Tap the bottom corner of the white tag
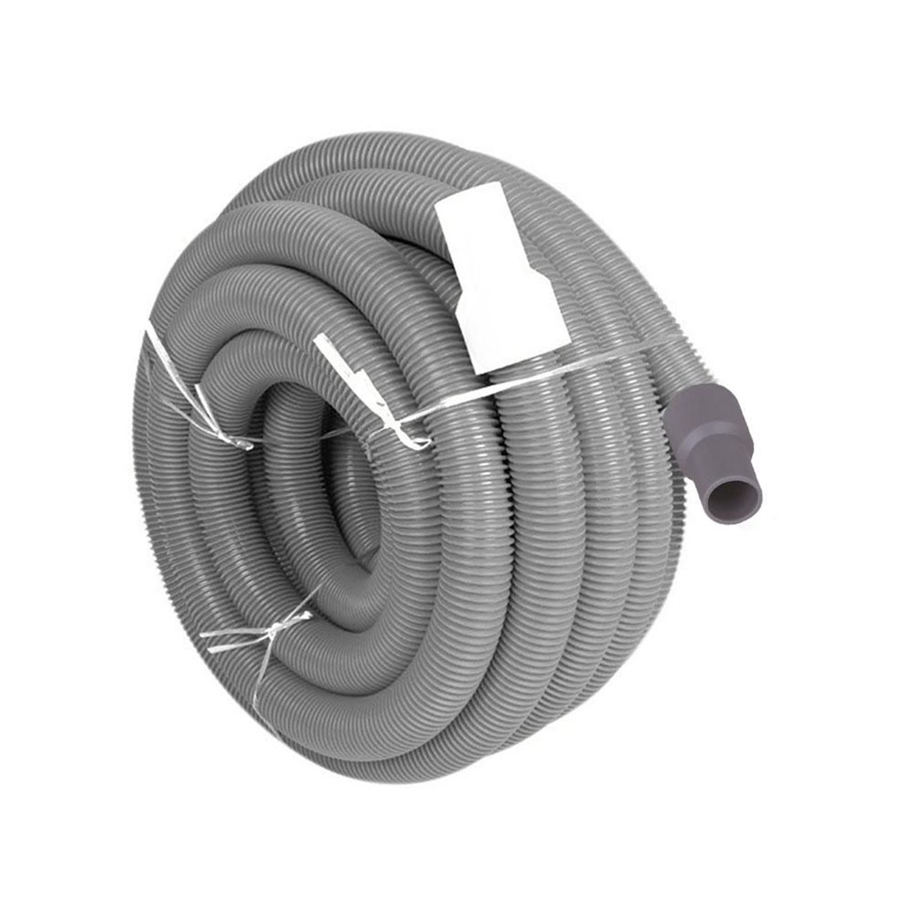(486, 372)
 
